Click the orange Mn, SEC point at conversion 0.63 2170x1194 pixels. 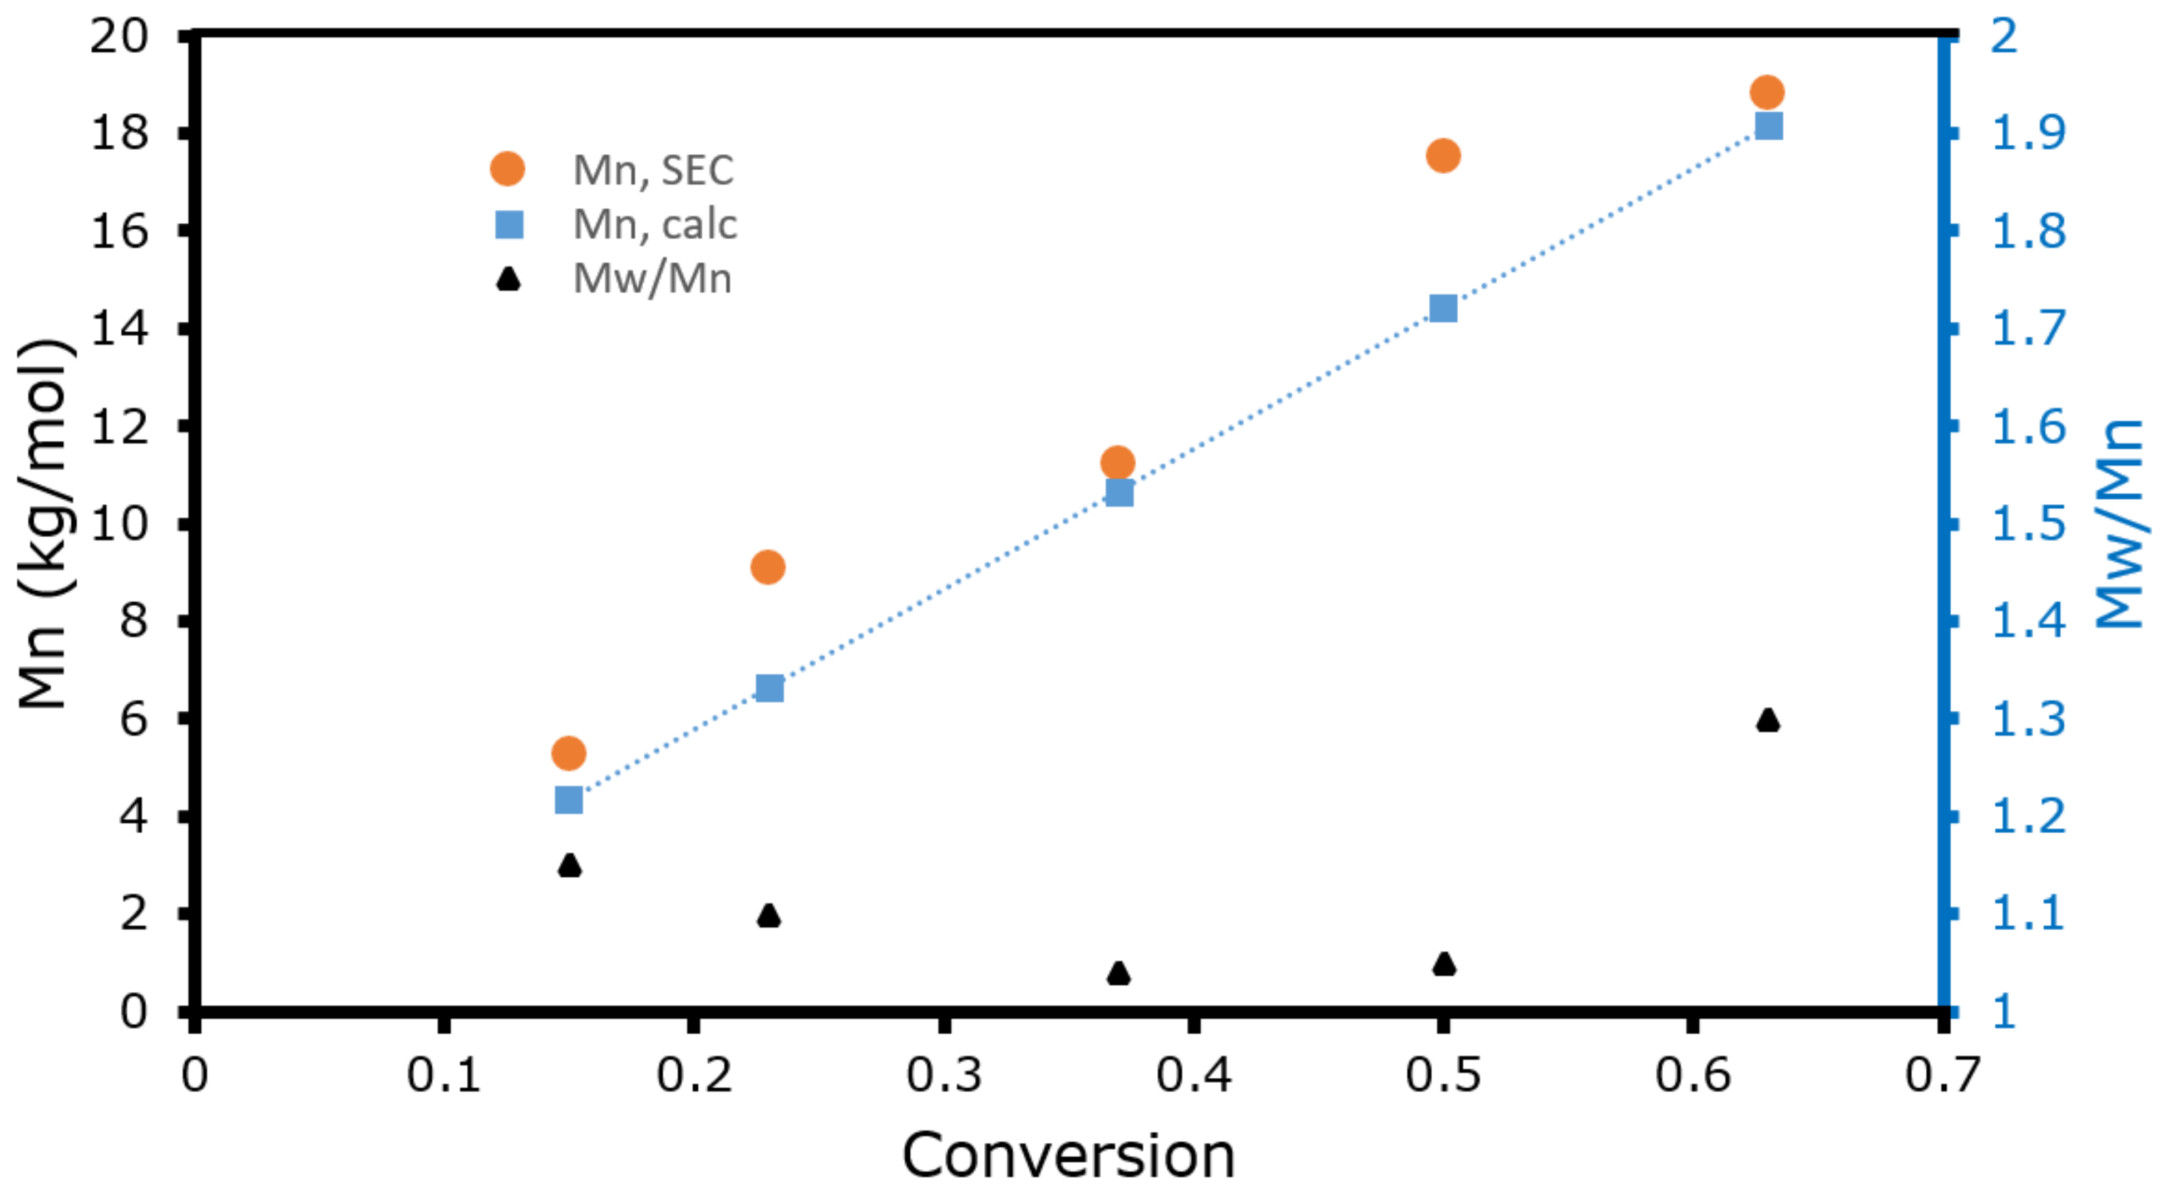pos(1767,92)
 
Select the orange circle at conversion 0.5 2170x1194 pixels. pos(1443,156)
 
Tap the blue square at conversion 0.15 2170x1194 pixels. pos(569,800)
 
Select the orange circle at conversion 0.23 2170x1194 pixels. pos(767,567)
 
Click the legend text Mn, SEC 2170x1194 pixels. pos(653,170)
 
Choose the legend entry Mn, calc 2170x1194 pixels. pos(654,224)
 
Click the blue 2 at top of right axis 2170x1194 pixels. pos(2004,37)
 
